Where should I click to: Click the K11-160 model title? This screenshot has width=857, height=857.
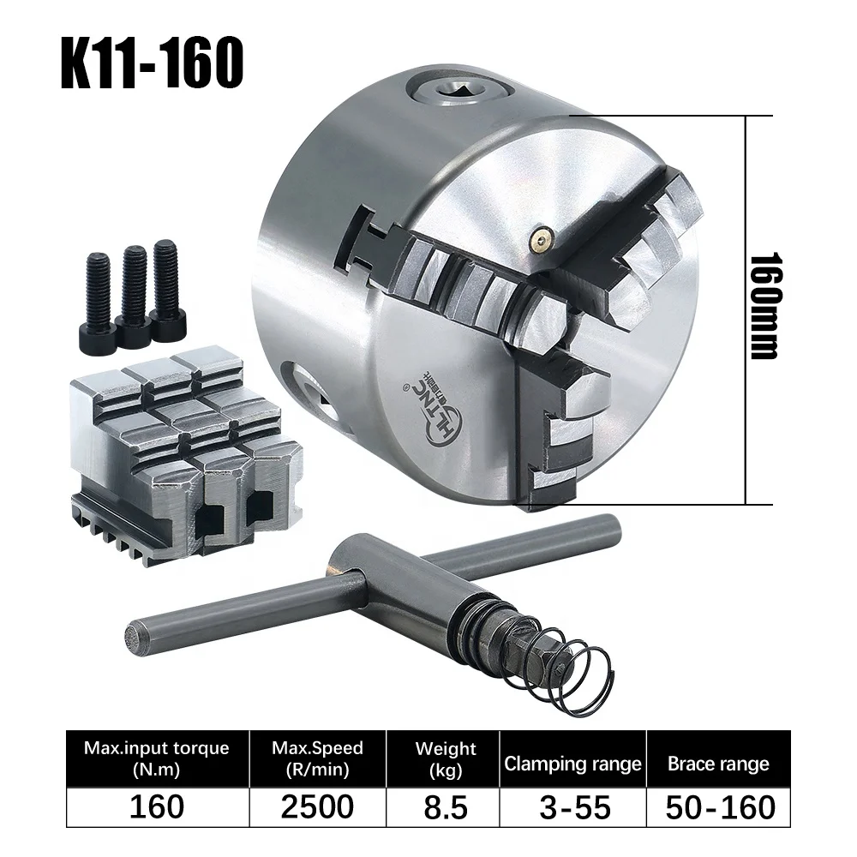[x=153, y=63]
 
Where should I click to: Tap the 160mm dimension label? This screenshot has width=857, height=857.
[x=762, y=305]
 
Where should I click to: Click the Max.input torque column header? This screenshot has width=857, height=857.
[x=157, y=758]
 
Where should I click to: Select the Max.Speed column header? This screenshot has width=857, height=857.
[x=317, y=758]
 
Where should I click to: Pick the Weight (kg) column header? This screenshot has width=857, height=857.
[x=445, y=758]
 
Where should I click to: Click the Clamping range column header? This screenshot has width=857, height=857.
[x=572, y=764]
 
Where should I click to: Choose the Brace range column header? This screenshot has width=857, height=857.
[x=718, y=764]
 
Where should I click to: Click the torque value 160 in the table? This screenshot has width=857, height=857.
[x=157, y=806]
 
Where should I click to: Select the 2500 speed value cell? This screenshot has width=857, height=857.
[x=317, y=806]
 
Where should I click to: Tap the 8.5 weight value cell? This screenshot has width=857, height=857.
[x=445, y=806]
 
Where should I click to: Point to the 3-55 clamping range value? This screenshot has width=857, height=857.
[x=572, y=806]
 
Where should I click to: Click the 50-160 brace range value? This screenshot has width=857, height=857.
[x=718, y=806]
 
